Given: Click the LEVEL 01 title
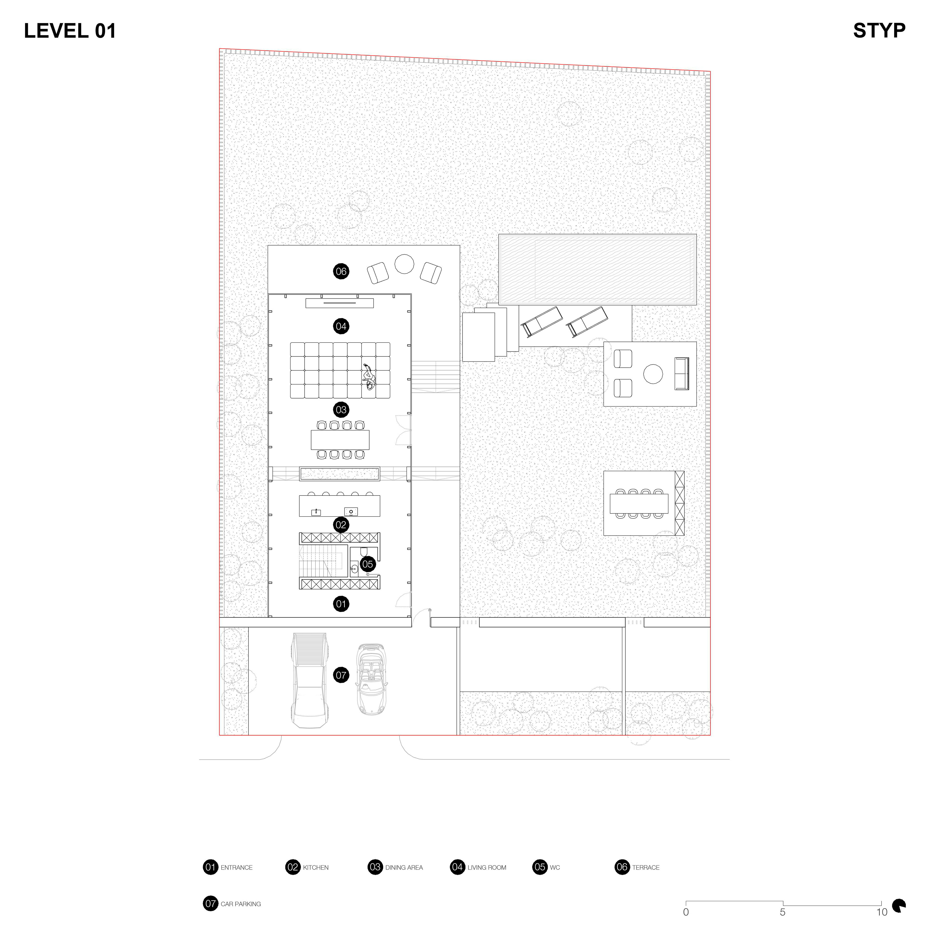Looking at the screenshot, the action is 70,31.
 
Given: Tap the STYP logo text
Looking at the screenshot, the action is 879,31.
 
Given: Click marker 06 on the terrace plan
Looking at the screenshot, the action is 341,271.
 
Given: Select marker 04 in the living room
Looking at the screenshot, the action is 341,326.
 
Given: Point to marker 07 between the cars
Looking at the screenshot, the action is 341,675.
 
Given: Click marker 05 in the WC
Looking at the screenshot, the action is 367,564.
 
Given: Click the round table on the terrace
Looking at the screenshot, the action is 404,264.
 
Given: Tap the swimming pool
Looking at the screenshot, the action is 597,270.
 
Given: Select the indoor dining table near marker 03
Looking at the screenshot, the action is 340,440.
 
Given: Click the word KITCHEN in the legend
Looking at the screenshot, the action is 316,868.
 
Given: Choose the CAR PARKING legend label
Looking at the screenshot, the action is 241,904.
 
